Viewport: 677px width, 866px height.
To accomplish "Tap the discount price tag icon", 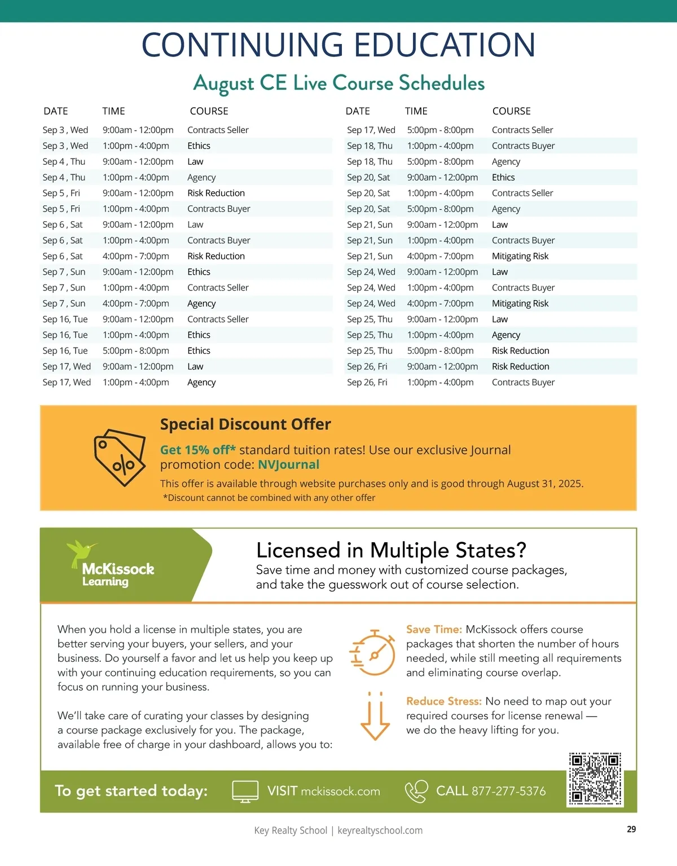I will (x=120, y=458).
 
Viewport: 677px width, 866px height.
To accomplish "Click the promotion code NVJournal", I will (x=288, y=464).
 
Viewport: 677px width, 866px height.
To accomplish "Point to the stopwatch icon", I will (x=373, y=652).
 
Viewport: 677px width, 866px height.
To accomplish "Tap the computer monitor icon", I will (x=245, y=792).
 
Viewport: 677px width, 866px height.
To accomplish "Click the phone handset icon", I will (x=416, y=791).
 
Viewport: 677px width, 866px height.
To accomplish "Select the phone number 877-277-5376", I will (x=508, y=791).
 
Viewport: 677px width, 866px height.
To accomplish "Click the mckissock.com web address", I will (x=340, y=791).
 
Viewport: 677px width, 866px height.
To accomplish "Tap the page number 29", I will (x=631, y=829).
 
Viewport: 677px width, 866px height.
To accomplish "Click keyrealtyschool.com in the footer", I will (x=380, y=830).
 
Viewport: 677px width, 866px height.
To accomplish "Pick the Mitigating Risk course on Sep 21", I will (x=520, y=256).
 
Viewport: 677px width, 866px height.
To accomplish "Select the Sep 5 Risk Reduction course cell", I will (x=216, y=193).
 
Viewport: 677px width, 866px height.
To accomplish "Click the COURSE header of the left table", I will (x=209, y=111).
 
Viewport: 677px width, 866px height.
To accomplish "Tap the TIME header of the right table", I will (x=416, y=111).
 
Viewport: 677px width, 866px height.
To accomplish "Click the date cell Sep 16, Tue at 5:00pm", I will (x=65, y=350).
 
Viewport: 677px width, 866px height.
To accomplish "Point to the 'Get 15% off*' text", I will (x=197, y=450).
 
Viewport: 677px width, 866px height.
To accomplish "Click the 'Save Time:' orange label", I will (x=434, y=629).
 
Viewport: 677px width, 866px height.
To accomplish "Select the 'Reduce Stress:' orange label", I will (x=443, y=701).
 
